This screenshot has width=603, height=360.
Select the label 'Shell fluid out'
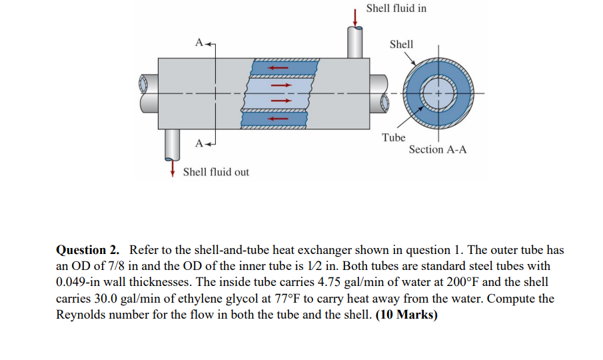click(x=216, y=172)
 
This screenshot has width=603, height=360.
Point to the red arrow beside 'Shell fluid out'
click(x=173, y=167)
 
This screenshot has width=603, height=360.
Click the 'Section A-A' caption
click(x=437, y=149)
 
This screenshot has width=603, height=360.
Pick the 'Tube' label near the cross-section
click(x=393, y=137)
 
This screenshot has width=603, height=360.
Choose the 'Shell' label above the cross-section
click(x=401, y=44)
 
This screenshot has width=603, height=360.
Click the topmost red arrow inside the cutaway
click(x=278, y=67)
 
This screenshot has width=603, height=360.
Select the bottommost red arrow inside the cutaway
click(x=278, y=119)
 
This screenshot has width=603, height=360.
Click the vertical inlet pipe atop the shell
click(x=355, y=43)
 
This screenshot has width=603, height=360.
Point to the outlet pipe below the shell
click(x=173, y=141)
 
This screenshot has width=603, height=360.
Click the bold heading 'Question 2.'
click(x=88, y=251)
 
